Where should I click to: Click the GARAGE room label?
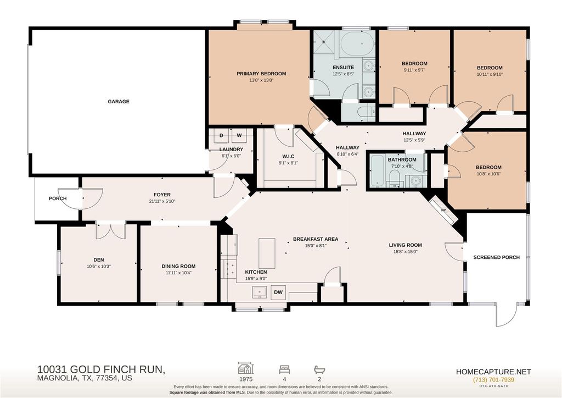(x=119, y=102)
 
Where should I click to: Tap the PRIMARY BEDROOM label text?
(x=261, y=74)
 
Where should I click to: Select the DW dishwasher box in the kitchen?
(x=278, y=292)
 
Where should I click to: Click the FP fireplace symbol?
(x=443, y=211)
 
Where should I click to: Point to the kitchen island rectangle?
(x=267, y=253)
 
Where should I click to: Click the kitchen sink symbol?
(x=259, y=292)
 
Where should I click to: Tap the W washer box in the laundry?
(x=239, y=136)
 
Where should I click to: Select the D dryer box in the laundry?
(x=221, y=136)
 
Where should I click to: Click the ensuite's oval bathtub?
(x=357, y=43)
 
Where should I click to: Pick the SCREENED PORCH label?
(x=496, y=257)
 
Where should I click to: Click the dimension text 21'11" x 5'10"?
(x=162, y=201)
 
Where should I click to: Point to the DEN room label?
(x=99, y=260)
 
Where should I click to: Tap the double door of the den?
(x=111, y=231)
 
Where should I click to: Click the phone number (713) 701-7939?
(x=493, y=380)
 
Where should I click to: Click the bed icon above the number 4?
(x=285, y=369)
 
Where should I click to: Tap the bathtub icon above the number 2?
(x=319, y=369)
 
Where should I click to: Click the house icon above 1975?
(x=246, y=368)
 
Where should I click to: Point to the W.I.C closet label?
(x=289, y=157)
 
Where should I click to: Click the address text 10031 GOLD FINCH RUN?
(x=102, y=369)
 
